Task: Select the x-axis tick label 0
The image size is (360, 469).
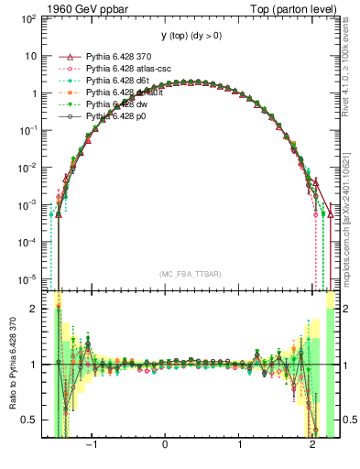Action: coord(165,449)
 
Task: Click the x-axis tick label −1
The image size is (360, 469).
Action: coord(91,449)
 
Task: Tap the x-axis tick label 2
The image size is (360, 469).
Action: coord(313,449)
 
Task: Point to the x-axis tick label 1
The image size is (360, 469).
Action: coord(239,449)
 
